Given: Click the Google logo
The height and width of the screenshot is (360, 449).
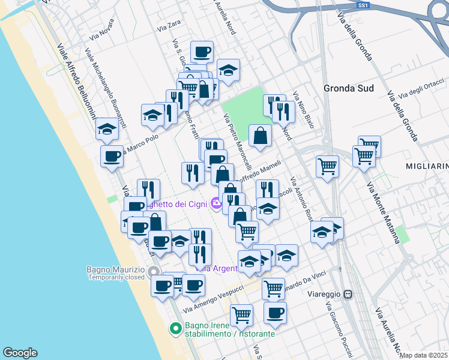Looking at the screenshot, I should pos(20,353).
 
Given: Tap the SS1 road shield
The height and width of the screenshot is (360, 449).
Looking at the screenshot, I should pos(362,5).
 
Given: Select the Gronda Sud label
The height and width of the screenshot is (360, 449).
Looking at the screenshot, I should pos(349,88).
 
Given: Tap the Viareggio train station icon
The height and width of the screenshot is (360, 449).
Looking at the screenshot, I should pos(348,295).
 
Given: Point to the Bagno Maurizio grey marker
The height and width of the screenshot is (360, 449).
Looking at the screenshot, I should pos(154,271).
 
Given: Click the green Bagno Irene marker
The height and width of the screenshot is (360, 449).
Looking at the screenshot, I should pos(175,328).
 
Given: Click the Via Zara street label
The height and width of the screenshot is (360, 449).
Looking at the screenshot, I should pos(169,26).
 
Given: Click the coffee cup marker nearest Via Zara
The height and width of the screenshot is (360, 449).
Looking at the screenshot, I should pos(202,52).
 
